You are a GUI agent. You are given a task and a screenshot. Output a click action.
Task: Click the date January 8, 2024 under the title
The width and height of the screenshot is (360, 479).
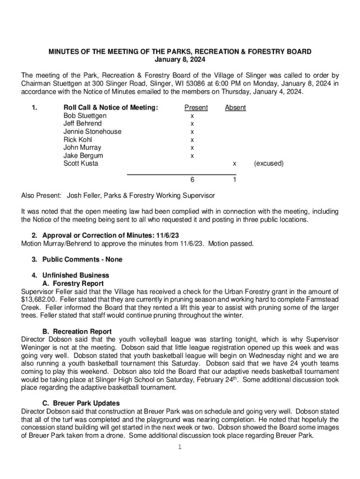180,59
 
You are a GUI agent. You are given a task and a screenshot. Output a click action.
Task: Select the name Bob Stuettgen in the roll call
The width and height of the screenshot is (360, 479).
85,116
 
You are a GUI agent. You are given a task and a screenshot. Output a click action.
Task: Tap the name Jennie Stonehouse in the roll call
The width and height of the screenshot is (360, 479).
92,131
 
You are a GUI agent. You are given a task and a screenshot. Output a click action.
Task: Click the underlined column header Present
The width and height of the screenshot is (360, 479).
196,108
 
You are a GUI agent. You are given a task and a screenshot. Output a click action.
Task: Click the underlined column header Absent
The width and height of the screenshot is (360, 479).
235,108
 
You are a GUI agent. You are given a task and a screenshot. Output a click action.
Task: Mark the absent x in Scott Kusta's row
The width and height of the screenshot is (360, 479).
235,164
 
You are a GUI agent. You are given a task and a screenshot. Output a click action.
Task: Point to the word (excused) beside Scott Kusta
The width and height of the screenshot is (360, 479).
268,164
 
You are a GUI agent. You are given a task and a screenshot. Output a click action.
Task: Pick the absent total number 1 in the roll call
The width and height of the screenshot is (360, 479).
235,180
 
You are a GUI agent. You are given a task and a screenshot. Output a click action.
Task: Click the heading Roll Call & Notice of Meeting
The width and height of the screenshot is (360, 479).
111,108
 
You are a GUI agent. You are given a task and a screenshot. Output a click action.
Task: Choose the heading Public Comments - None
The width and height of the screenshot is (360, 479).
82,260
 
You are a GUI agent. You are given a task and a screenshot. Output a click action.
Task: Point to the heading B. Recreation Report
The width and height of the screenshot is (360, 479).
77,332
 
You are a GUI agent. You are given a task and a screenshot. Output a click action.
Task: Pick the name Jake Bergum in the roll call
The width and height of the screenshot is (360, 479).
83,155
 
